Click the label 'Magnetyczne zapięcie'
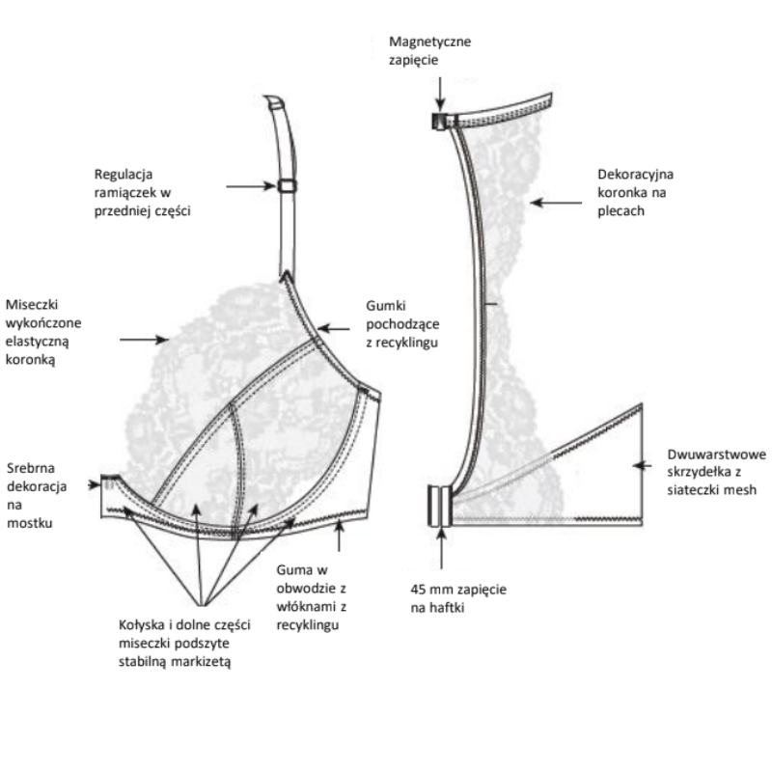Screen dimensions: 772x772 coord(430,51)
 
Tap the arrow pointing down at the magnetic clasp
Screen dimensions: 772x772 coord(440,91)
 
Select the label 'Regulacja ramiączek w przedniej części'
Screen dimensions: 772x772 coord(143,193)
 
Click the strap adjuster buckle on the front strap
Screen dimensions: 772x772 coord(287,186)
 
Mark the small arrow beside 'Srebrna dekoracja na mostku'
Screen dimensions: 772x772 coord(94,482)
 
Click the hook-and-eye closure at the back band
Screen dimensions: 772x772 coord(439,506)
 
